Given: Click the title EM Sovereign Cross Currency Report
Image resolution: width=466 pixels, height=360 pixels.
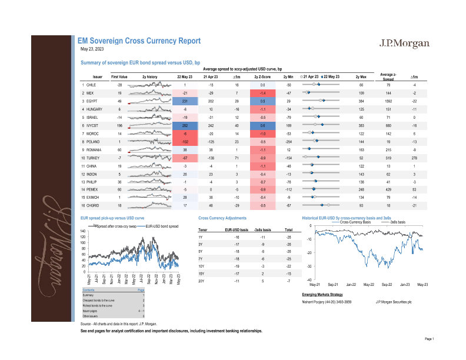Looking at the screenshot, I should [x=139, y=41].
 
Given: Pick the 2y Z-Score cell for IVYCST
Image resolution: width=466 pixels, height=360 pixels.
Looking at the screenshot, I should [x=263, y=126].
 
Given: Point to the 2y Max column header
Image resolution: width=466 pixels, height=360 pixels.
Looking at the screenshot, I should [x=361, y=77].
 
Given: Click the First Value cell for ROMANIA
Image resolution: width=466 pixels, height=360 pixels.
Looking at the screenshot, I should [x=119, y=150].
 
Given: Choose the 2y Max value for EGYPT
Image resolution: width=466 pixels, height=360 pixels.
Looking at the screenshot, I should [x=361, y=101].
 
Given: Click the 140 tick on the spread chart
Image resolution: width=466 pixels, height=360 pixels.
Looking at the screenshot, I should [x=82, y=231].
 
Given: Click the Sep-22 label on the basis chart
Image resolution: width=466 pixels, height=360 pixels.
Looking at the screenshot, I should [x=387, y=285].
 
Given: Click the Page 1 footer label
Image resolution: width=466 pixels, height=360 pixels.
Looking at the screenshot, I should [x=428, y=339].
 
